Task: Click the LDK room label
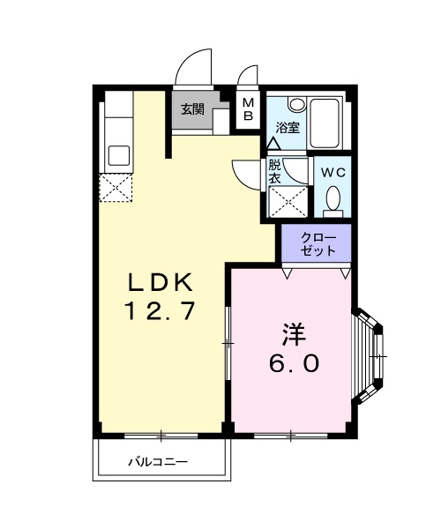click(158, 283)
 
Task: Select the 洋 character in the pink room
click(293, 335)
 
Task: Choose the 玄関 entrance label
click(193, 110)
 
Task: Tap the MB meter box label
click(249, 108)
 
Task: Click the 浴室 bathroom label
click(288, 127)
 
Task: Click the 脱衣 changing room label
click(274, 170)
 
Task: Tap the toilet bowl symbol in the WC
click(333, 200)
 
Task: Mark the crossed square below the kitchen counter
click(116, 187)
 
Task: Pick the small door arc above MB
click(248, 75)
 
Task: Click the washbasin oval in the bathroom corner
click(295, 104)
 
